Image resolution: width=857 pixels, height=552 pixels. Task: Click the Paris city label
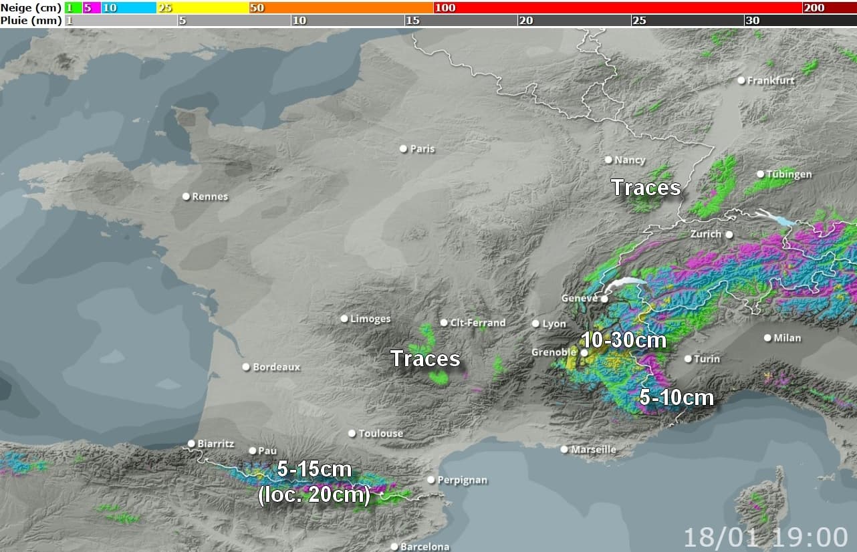point(422,149)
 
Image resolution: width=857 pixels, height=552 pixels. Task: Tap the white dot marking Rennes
point(187,196)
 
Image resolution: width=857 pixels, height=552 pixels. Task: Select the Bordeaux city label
point(276,367)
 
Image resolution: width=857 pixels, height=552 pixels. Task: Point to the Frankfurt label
point(771,80)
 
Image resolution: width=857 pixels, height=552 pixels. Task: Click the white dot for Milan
point(767,337)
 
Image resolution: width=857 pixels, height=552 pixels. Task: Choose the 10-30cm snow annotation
point(623,340)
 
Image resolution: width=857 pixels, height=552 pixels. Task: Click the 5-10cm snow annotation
point(677,398)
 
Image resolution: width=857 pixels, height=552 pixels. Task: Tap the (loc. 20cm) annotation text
point(314,496)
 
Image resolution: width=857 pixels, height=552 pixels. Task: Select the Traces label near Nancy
point(646,188)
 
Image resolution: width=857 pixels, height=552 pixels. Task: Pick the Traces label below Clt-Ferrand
point(425,359)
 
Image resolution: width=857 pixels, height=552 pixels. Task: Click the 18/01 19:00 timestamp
point(765,537)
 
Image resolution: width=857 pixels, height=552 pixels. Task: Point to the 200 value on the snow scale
point(814,8)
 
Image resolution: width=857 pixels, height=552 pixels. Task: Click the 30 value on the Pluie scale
point(752,21)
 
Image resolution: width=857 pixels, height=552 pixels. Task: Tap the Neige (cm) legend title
point(31,8)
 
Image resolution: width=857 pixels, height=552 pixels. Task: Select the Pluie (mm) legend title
point(31,21)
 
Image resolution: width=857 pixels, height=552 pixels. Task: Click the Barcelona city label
point(424,547)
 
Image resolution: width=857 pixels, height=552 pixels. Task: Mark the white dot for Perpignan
point(431,480)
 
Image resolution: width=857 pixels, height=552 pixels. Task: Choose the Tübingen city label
point(789,174)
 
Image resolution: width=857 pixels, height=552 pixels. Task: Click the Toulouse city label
point(380,434)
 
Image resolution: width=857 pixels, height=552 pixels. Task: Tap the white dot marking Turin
point(688,359)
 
